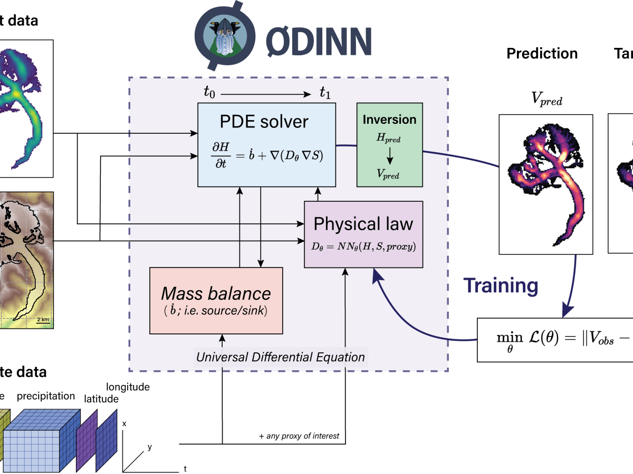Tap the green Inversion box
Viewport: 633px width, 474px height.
(389, 144)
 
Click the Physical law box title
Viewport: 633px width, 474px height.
(363, 224)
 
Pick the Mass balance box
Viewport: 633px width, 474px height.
(216, 300)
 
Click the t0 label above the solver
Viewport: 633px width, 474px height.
(209, 93)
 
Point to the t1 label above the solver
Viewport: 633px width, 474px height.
(325, 93)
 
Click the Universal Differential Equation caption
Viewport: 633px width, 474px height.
(280, 357)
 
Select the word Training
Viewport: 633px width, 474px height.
(501, 285)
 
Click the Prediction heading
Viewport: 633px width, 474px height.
(542, 54)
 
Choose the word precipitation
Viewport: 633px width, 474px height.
(46, 396)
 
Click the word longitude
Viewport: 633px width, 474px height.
(128, 387)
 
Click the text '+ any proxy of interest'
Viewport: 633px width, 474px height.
(299, 436)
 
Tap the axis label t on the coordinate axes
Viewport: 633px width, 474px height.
(185, 468)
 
